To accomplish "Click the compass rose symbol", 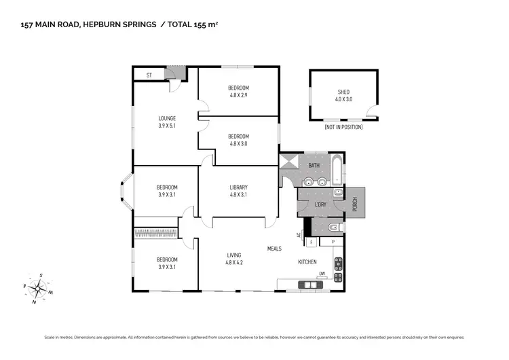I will point(39,287).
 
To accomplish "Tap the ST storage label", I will point(149,75).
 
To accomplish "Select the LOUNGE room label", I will point(167,118).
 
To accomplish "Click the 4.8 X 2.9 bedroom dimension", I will point(238,95).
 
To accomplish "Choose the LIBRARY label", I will point(238,187).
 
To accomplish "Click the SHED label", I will point(343,92).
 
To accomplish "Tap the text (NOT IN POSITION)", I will point(343,127).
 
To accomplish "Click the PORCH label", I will point(354,204).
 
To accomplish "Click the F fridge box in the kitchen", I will point(311,242).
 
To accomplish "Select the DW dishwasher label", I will point(322,274).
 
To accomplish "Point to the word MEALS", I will point(274,248).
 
